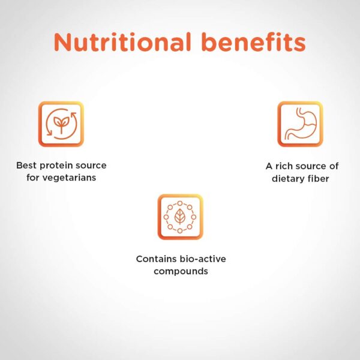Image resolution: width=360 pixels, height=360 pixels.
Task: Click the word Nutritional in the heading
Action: click(122, 42)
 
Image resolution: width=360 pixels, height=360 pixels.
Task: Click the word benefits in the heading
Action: click(254, 42)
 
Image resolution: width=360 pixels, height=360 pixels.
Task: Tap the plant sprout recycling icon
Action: click(61, 124)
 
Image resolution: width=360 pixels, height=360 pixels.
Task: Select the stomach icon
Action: click(300, 124)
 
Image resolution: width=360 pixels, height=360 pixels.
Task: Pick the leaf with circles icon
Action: click(180, 217)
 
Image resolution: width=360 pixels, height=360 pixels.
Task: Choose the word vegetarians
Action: click(69, 178)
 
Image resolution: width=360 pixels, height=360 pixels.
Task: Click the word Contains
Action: click(157, 259)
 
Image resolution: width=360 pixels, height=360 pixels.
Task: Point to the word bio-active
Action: click(203, 259)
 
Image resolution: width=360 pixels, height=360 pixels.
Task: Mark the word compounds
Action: click(181, 272)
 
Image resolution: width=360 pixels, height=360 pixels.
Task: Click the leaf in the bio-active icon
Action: click(180, 217)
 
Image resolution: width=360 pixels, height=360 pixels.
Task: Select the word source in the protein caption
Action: click(91, 166)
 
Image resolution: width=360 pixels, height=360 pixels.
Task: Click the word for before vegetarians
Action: click(32, 178)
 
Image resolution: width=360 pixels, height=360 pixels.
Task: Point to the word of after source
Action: click(334, 166)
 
